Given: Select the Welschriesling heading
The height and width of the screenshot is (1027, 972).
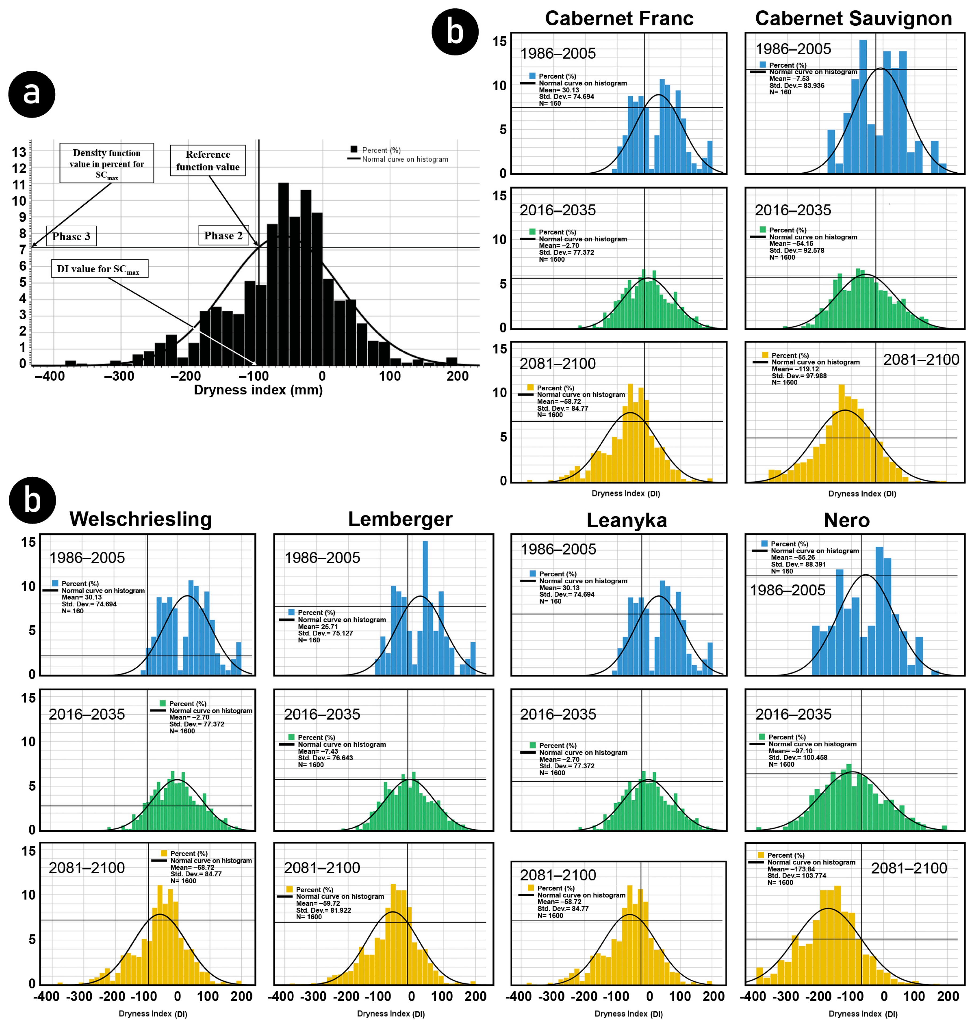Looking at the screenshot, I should tap(141, 519).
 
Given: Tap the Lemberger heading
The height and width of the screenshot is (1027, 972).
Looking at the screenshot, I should tap(400, 519).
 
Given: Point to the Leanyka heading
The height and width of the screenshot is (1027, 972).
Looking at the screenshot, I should tap(627, 520).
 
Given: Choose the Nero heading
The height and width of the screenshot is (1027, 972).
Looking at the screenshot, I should tap(847, 520).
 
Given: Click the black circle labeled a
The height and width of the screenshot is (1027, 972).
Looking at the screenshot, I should tap(32, 94).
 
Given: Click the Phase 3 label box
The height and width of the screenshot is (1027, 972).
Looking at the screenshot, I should tap(72, 236).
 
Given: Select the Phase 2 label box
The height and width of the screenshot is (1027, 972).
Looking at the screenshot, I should tap(223, 236).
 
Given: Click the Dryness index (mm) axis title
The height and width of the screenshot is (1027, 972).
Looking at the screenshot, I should tap(258, 390).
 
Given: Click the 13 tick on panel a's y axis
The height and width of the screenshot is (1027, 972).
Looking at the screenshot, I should tap(19, 152).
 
